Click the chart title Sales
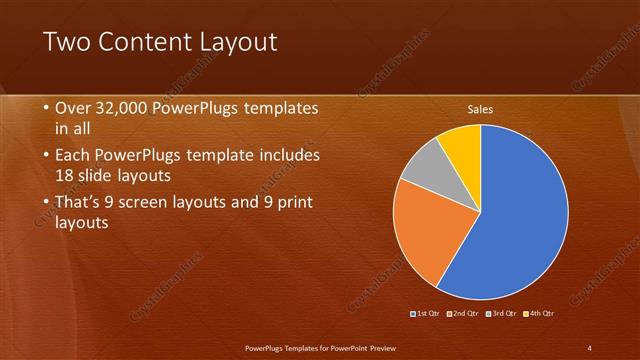(481, 110)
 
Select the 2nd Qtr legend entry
(463, 313)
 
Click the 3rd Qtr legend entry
(501, 313)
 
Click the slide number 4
(589, 347)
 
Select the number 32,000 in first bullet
(119, 108)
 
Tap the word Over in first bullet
(71, 108)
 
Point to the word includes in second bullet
(287, 156)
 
